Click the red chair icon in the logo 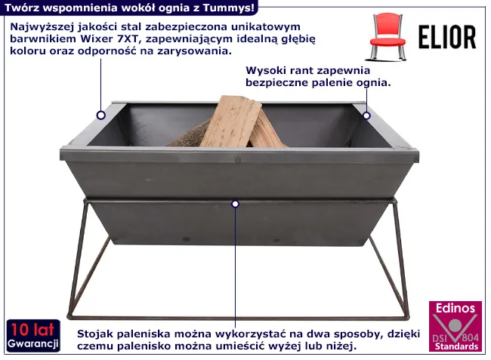click(387, 36)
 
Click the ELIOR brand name click(447, 38)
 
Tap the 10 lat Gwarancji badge click(33, 335)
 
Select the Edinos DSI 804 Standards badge click(455, 326)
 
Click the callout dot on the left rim click(100, 115)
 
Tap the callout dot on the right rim click(366, 115)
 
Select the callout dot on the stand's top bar click(236, 204)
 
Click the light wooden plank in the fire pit click(230, 122)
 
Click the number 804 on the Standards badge click(470, 337)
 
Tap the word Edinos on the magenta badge click(455, 309)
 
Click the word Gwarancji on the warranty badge click(33, 343)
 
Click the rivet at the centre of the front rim click(238, 161)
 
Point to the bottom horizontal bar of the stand click(239, 318)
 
